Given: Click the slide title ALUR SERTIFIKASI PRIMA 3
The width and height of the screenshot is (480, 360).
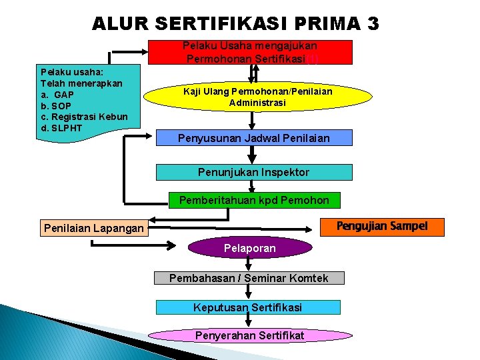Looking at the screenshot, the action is [235, 24].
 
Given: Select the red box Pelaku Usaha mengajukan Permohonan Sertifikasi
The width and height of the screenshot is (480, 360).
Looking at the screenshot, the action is [250, 52].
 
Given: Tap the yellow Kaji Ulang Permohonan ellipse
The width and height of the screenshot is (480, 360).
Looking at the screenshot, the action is [257, 97].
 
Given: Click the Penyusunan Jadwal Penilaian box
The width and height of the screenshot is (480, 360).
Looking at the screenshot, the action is [253, 138].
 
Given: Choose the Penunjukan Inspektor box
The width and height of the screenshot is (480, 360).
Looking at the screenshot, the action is [253, 172].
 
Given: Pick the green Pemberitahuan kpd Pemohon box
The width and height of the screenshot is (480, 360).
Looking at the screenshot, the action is [253, 199].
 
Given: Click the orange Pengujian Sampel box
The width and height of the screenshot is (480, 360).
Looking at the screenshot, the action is [382, 226].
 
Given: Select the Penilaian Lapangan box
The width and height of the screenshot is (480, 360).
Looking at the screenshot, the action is [93, 229].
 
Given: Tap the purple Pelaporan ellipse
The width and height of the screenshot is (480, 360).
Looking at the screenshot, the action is [250, 248].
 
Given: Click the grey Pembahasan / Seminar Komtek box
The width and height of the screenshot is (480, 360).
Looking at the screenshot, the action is [249, 278].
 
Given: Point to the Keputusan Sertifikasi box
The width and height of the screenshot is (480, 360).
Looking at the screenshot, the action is [248, 307].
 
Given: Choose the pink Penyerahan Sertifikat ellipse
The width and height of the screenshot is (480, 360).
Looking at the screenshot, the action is [249, 335].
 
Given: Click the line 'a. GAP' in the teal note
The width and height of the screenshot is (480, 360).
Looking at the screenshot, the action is [57, 94].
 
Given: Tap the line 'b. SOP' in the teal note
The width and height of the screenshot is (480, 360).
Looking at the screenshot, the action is [56, 105].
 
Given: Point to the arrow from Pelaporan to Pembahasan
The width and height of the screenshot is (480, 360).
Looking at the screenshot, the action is [248, 265].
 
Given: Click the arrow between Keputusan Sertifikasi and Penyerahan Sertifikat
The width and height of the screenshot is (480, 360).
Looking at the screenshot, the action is [248, 321].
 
